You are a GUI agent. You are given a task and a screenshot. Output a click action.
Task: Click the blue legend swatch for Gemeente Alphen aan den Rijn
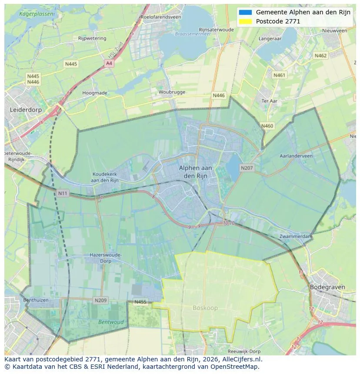(245, 12)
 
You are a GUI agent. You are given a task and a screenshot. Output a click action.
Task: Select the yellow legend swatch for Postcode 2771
(245, 21)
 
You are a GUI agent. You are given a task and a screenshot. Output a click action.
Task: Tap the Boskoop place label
(205, 308)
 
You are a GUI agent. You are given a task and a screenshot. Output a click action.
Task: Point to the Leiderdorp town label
(26, 110)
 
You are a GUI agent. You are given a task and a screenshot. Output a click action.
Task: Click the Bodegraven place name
(327, 287)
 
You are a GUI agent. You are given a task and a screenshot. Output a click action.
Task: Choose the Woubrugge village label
(172, 92)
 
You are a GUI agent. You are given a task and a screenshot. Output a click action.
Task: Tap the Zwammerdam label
(296, 236)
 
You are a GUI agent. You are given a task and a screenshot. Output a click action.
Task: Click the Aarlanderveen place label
(296, 156)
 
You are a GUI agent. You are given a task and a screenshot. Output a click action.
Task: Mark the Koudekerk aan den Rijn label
(105, 177)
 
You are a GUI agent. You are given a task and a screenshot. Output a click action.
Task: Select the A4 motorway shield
(109, 63)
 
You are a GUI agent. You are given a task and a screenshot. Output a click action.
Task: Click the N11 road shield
(63, 193)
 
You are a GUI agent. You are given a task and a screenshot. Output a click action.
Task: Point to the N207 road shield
(247, 168)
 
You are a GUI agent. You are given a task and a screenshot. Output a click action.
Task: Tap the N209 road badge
(100, 300)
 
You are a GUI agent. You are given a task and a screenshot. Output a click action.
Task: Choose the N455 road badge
(140, 302)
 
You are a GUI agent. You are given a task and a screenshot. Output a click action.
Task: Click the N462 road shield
(320, 56)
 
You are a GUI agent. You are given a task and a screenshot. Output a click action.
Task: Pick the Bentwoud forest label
(111, 322)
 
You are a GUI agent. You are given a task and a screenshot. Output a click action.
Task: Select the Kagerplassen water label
(37, 14)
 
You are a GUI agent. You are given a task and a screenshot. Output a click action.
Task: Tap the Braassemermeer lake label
(190, 34)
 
